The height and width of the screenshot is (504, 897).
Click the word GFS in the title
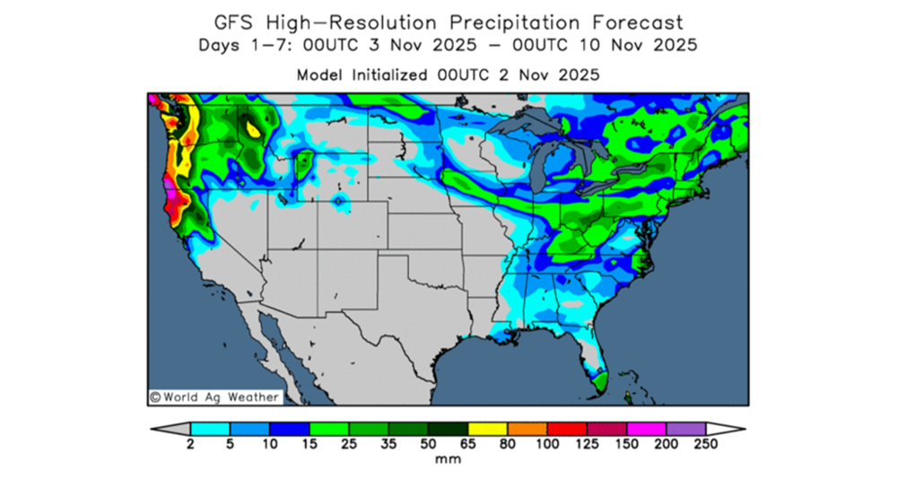coord(235,22)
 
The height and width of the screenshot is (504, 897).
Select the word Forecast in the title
coord(639,22)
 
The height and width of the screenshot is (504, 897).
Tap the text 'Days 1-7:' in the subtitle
coord(236,45)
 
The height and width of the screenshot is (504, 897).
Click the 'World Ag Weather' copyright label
coord(214,396)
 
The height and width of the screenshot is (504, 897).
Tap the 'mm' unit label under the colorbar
coord(448,459)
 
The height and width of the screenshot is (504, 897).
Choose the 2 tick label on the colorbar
coord(191,444)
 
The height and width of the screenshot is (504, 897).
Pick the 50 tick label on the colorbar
coord(428,444)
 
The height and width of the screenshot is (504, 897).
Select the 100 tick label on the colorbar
coord(547,444)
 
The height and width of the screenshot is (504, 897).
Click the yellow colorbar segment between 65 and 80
coord(487,429)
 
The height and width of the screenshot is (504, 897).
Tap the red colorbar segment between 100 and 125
coord(567,429)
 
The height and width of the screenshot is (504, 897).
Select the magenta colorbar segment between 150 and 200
coord(646,429)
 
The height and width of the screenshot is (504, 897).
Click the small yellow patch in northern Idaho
coord(254,131)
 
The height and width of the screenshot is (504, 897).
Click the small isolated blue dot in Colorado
coord(338,202)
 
